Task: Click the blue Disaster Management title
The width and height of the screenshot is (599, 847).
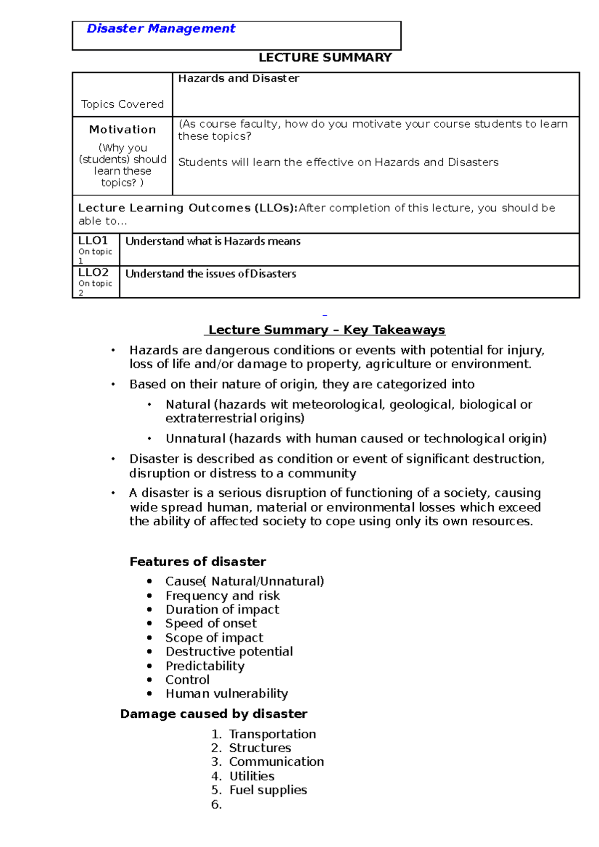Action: (x=161, y=29)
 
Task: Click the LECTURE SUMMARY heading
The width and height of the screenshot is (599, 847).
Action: (x=325, y=58)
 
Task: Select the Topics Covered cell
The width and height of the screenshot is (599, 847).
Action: (x=122, y=104)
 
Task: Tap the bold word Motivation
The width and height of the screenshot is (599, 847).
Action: (x=122, y=130)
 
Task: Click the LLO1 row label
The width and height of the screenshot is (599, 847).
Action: (x=93, y=240)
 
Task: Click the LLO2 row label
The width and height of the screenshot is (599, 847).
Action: (x=93, y=272)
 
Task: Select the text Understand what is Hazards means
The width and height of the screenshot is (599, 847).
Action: (x=213, y=241)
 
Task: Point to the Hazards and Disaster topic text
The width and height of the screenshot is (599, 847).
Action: (x=239, y=78)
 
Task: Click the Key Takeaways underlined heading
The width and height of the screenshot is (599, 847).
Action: (x=326, y=330)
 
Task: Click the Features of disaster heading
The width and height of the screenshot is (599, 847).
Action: (x=198, y=562)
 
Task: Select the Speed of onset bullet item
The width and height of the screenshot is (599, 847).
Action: (x=211, y=624)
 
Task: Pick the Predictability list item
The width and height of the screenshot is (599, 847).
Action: (x=205, y=666)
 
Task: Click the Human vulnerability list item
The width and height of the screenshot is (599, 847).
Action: (x=227, y=694)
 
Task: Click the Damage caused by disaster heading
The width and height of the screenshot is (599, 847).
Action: (x=214, y=714)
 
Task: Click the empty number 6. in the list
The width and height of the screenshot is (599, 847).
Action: (x=216, y=804)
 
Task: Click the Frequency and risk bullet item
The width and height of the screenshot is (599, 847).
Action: (x=222, y=596)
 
